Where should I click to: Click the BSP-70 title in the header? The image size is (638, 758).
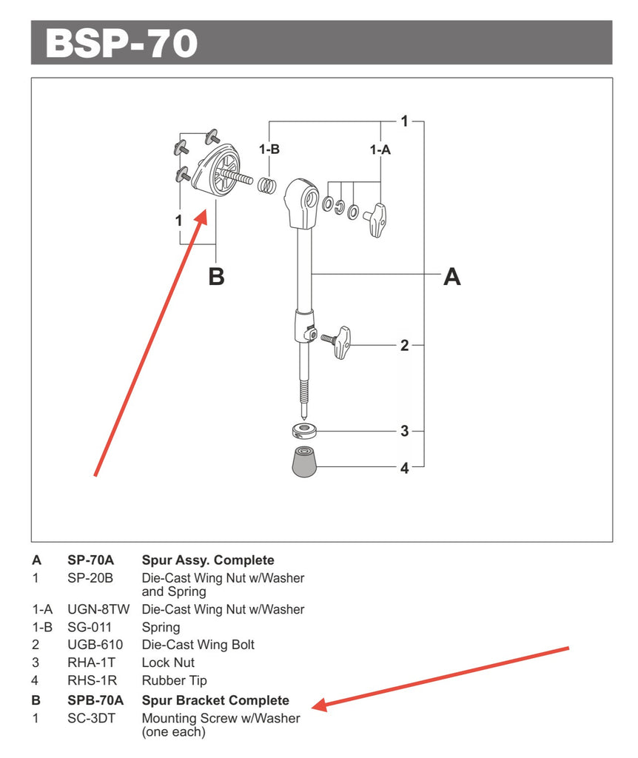121,43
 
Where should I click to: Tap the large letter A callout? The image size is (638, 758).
451,277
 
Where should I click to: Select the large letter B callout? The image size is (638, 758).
216,277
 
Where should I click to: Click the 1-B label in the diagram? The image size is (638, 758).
269,150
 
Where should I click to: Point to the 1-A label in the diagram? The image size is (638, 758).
380,150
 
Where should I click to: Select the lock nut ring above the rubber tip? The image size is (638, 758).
301,430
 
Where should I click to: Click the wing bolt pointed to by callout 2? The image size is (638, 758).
340,341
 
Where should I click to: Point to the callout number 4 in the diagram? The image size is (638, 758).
404,468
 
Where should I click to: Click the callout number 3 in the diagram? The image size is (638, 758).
404,431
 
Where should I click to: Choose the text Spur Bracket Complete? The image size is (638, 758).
215,700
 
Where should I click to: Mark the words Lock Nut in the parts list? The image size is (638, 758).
168,663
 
